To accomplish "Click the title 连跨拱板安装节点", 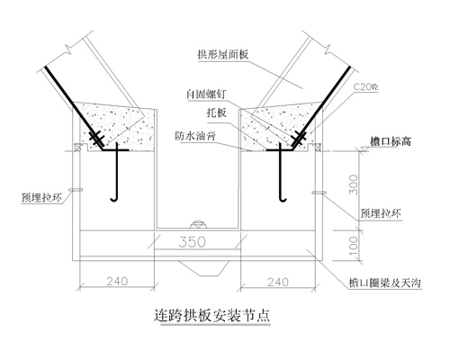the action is tap(212, 315).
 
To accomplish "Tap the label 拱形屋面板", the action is tap(223, 55).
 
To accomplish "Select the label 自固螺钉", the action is tap(206, 94).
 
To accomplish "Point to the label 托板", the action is tap(216, 112).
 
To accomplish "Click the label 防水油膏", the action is tap(195, 136).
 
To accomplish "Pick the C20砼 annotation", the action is tap(366, 87).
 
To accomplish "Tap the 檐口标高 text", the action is tap(391, 141).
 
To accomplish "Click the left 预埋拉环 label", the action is tap(41, 198).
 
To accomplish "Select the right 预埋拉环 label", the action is tap(381, 213).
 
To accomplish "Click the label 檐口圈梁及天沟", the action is tap(385, 283).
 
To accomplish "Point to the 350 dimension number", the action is tap(193, 242).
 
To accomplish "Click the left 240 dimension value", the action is tap(117, 281).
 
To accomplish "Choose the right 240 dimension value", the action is tap(278, 282).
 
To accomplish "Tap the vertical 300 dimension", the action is tap(355, 184).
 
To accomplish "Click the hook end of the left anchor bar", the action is tap(112, 200).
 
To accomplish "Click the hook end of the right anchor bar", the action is tap(283, 200).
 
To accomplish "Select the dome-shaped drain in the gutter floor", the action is tap(199, 224).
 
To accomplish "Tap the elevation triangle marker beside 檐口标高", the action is tap(365, 149).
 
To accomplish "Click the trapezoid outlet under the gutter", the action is tap(203, 268).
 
